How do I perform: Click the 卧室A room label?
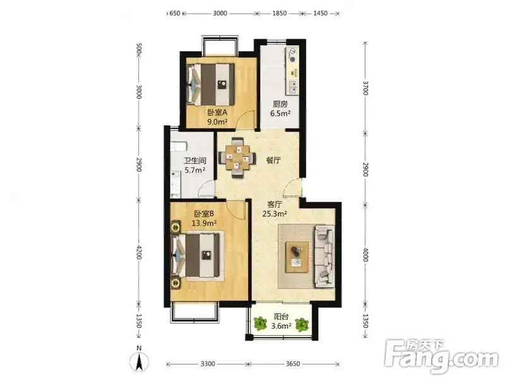(217, 113)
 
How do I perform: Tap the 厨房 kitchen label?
(280, 104)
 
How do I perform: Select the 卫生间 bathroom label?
(195, 161)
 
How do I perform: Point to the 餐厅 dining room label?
(273, 161)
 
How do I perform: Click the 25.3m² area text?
(275, 214)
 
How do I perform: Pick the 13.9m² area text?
(204, 223)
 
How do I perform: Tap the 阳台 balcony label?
(281, 317)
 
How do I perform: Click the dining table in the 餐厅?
(238, 157)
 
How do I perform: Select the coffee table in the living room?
(297, 257)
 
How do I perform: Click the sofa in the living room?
(324, 257)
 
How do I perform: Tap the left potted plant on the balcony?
(260, 324)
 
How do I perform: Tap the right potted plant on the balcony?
(302, 324)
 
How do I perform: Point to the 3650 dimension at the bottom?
(293, 364)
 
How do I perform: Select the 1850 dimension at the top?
(279, 13)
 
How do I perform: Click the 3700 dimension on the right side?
(365, 87)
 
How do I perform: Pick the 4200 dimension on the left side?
(138, 252)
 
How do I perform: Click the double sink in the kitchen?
(293, 87)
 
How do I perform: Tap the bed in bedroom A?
(211, 84)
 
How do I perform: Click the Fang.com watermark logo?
(441, 357)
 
